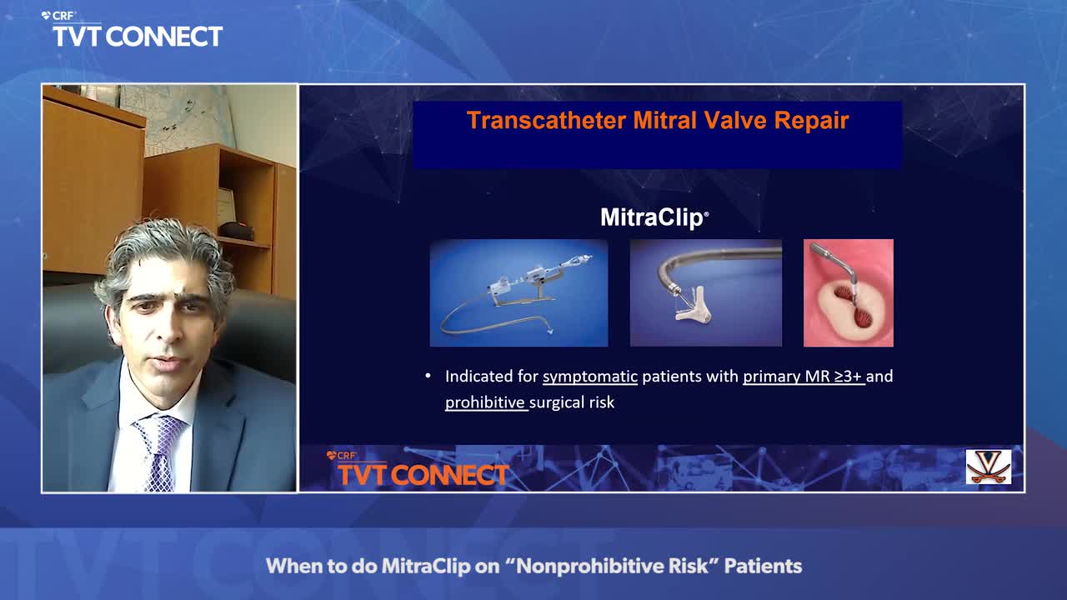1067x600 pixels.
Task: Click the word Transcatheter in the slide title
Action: [545, 120]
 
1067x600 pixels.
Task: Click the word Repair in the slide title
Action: [811, 120]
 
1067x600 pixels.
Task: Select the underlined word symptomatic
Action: [589, 377]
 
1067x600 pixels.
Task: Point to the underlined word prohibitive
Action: [485, 402]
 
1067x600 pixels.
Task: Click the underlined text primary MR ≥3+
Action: [802, 377]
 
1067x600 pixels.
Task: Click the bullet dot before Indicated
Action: [428, 376]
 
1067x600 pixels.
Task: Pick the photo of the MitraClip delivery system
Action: [518, 292]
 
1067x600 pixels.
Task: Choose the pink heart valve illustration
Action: [849, 292]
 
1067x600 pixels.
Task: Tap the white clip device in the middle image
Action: [693, 307]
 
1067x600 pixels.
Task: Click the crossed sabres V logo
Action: [989, 466]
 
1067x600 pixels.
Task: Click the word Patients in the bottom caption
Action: [763, 566]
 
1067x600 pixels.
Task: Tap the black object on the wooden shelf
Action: [236, 231]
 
